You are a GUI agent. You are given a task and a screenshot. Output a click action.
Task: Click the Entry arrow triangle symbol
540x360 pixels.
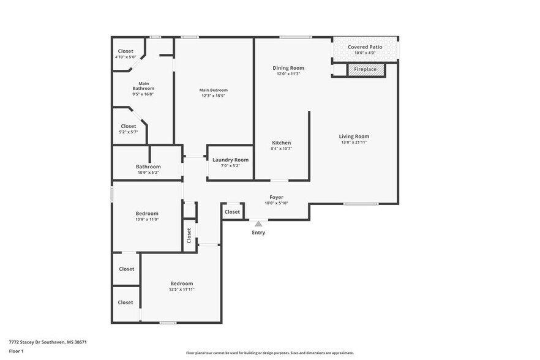tap(258, 224)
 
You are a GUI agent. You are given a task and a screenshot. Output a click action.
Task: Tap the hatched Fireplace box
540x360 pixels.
tap(367, 70)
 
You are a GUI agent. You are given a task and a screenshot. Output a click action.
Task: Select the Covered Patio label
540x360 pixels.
tap(365, 47)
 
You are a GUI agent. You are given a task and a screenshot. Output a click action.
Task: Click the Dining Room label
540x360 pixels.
tap(288, 68)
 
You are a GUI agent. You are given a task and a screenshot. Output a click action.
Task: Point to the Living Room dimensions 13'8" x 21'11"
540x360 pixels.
tap(354, 142)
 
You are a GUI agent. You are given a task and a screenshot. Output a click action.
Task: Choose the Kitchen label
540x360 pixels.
tap(282, 143)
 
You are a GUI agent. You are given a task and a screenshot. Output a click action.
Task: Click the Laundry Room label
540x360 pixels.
tap(230, 160)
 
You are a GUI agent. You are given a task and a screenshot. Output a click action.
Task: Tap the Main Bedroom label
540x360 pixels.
tap(213, 91)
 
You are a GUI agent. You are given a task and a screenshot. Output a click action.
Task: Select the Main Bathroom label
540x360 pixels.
tap(143, 86)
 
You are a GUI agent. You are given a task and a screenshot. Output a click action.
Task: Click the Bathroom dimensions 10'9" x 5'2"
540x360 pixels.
tap(148, 173)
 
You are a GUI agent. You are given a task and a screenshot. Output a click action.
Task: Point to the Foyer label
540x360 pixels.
tap(276, 197)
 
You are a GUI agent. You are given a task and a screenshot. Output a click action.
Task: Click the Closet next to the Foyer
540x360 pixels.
tap(232, 212)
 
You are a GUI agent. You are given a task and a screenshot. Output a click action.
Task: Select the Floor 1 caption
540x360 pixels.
tap(17, 351)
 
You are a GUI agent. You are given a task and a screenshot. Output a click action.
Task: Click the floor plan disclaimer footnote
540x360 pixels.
tap(269, 353)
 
